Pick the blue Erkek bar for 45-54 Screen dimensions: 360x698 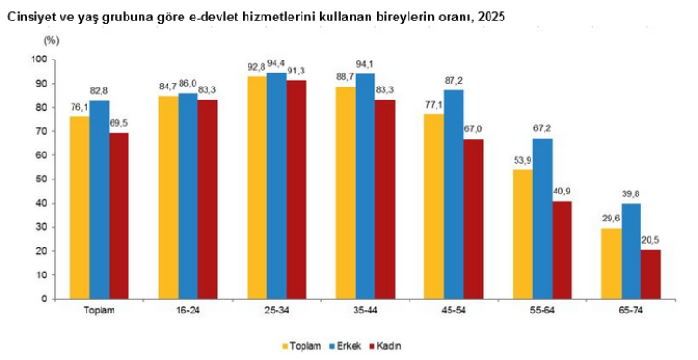[x=454, y=194]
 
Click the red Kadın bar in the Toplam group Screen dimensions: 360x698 [x=119, y=216]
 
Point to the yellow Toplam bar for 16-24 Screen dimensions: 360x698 [x=168, y=197]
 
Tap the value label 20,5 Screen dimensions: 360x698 [x=651, y=241]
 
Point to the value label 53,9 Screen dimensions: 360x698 [x=522, y=161]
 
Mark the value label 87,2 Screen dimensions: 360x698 [x=454, y=81]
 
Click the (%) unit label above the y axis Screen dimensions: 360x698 [x=51, y=41]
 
